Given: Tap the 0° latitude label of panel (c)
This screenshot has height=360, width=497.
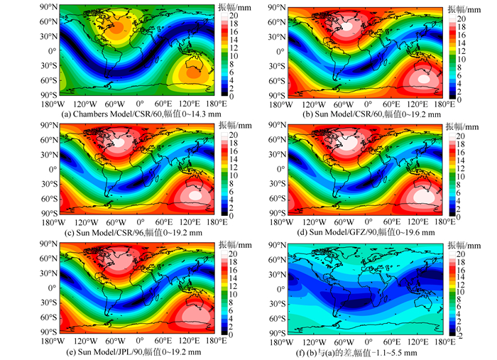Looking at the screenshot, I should click(x=51, y=169).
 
